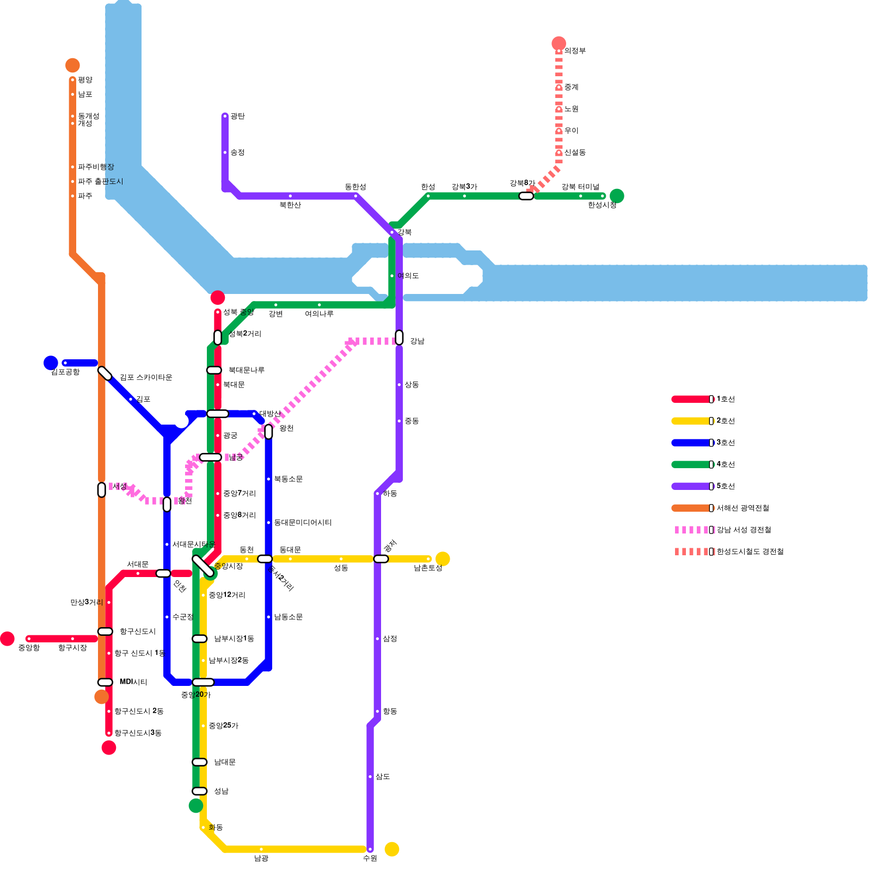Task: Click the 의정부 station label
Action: tap(575, 51)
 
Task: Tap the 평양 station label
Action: tap(85, 80)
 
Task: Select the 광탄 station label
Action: tap(237, 116)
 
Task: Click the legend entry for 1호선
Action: tap(726, 399)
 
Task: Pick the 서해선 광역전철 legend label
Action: tap(743, 508)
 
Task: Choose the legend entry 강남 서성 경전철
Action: tap(744, 530)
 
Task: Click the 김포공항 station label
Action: tap(65, 372)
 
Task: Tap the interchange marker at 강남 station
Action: tap(399, 338)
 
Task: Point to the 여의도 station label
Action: tap(408, 276)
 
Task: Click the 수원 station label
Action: tap(370, 858)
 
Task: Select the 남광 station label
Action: tap(261, 858)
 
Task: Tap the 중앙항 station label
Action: tap(29, 648)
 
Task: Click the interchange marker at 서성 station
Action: tap(102, 490)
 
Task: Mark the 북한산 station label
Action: tap(290, 205)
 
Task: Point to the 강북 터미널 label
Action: tap(580, 187)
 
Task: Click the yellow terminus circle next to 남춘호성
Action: tap(443, 559)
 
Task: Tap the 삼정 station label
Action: tap(390, 639)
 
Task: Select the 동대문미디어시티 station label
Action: tap(303, 523)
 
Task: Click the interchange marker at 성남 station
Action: tap(200, 791)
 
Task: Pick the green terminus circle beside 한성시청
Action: tap(617, 196)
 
